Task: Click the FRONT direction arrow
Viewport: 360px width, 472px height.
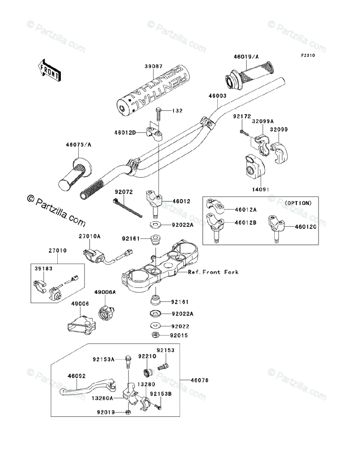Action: click(49, 70)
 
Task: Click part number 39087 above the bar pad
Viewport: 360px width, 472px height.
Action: click(153, 66)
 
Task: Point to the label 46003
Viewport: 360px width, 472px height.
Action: click(217, 96)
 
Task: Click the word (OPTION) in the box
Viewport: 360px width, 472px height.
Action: click(298, 203)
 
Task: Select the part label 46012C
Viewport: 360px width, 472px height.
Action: click(305, 227)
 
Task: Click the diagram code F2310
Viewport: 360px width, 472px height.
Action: click(308, 55)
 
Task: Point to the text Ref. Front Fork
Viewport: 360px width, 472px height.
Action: click(213, 272)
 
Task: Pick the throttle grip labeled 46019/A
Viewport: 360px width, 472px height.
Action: click(249, 74)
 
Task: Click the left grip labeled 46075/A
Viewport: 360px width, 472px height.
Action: click(75, 175)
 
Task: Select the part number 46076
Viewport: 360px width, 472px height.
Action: click(200, 380)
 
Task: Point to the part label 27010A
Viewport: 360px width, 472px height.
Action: click(90, 236)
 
